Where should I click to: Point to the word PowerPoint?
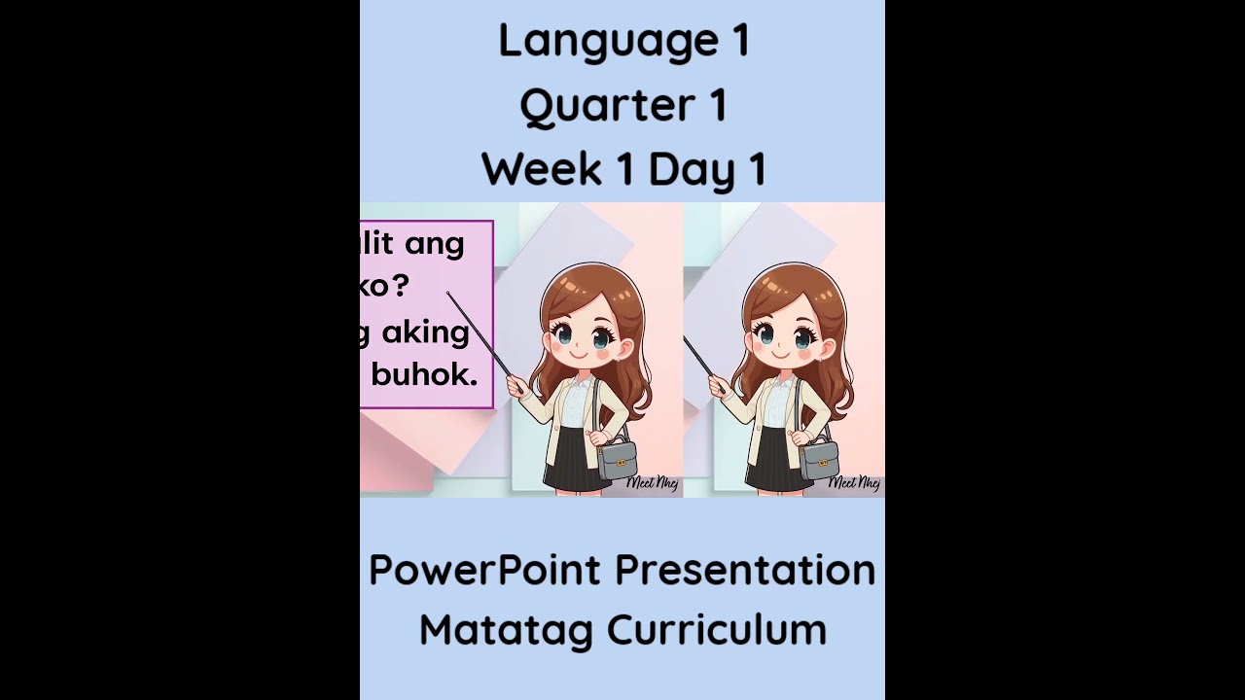484,570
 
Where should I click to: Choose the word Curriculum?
717,629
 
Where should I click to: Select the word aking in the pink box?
425,333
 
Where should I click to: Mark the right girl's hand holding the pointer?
716,386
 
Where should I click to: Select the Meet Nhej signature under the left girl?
652,482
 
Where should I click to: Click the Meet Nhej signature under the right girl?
854,482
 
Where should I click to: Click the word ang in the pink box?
435,244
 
